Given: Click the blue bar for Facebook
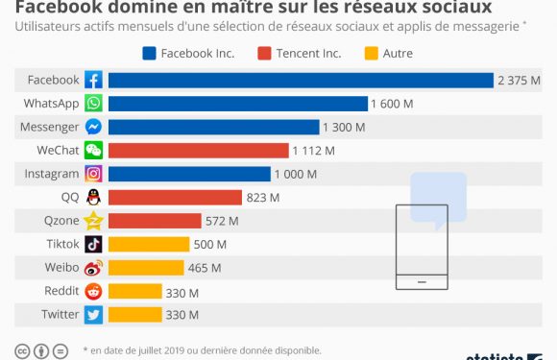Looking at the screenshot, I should click(x=300, y=80).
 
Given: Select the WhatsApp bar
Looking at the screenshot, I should click(x=237, y=103).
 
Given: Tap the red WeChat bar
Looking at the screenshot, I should click(x=198, y=150).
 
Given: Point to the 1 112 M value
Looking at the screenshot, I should click(x=315, y=151).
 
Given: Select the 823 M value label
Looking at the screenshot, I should click(x=262, y=198).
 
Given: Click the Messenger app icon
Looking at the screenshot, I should click(x=93, y=127).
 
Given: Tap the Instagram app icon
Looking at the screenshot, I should click(x=93, y=174).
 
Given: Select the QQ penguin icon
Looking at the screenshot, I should click(x=93, y=197).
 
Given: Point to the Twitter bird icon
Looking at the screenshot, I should click(x=93, y=314).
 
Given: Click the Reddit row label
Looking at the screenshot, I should click(x=61, y=291).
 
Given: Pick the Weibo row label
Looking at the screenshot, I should click(x=61, y=267).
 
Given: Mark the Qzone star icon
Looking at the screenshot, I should click(x=93, y=221).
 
